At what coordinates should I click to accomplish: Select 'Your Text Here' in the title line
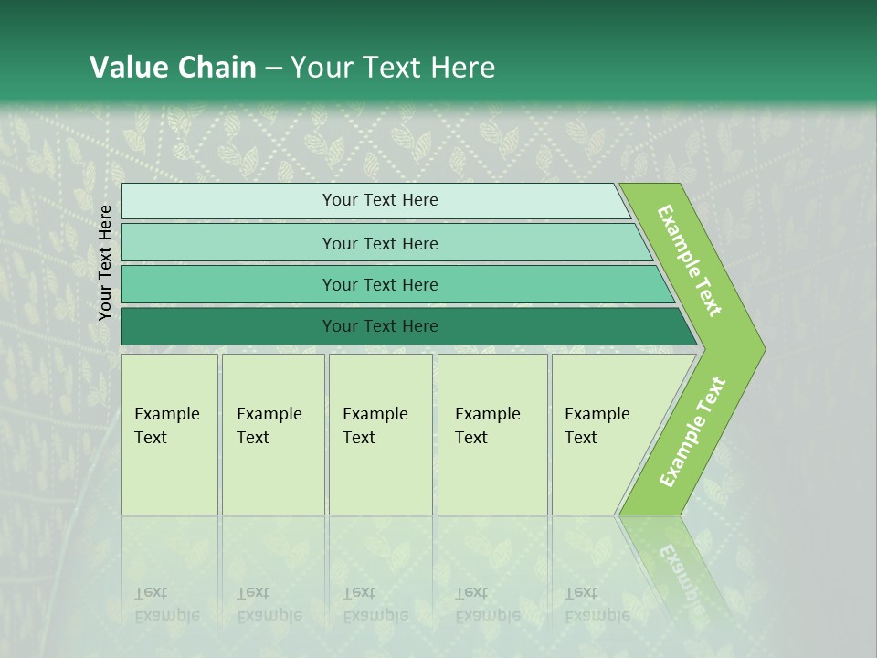393,68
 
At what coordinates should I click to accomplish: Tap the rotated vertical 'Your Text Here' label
105,262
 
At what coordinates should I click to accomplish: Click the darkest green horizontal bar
228,326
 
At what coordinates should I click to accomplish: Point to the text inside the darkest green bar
380,326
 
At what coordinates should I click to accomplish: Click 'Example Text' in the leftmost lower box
166,426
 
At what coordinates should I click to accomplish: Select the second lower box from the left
273,434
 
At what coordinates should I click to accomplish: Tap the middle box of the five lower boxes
380,434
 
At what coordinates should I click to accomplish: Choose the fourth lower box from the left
492,434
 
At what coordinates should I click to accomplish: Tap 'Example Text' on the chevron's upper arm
690,260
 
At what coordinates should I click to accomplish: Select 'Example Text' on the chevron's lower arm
692,431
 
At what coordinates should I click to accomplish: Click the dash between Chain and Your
273,69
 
